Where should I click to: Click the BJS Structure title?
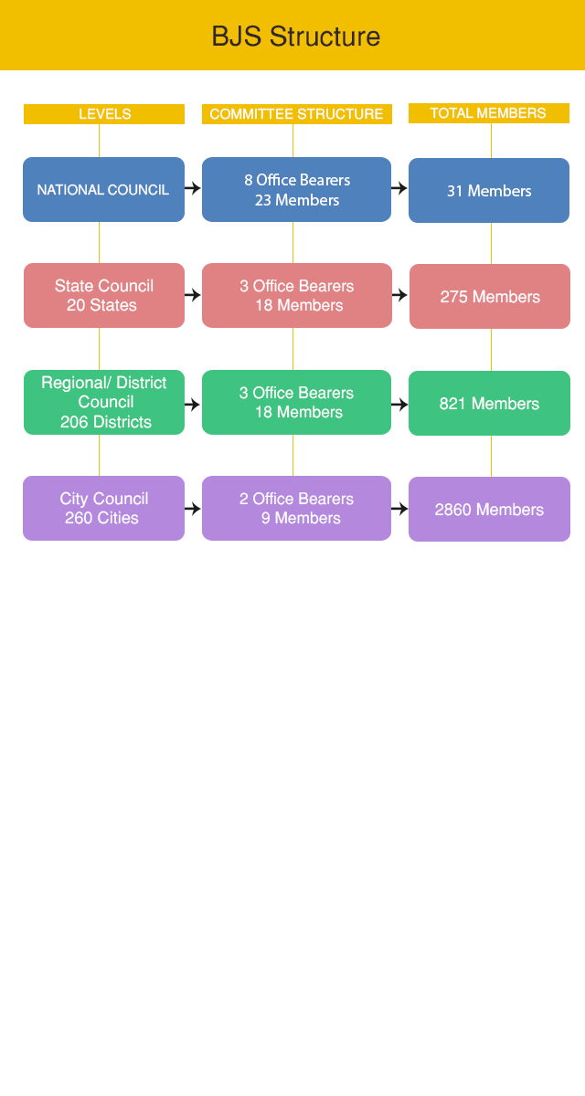pos(295,37)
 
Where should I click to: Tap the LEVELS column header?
pos(104,114)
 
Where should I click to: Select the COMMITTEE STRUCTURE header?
pos(296,114)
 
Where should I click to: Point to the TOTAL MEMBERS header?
pos(488,113)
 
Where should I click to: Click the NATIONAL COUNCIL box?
pos(103,190)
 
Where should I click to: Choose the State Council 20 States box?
pos(103,296)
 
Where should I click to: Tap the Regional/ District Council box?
pos(103,402)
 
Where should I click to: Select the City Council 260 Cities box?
pos(103,508)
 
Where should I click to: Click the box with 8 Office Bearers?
pos(296,190)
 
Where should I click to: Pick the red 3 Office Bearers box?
pos(296,296)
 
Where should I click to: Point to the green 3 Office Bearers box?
pos(296,402)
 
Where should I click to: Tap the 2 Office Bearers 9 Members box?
pos(296,508)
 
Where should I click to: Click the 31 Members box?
pos(489,191)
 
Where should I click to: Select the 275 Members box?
pos(489,297)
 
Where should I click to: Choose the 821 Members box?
pos(489,403)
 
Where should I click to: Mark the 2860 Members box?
pos(489,509)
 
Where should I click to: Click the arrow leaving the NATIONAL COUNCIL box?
pos(193,188)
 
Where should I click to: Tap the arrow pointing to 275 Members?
pos(399,295)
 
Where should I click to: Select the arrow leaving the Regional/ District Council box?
pos(193,404)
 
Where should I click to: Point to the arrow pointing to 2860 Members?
pos(399,509)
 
